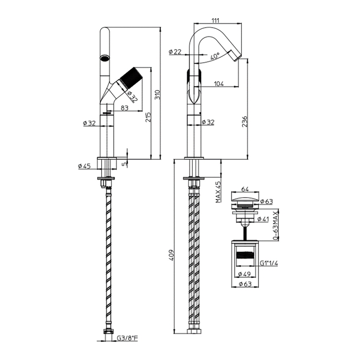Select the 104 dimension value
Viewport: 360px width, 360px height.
tap(219, 84)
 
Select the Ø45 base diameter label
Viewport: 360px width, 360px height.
tap(84, 166)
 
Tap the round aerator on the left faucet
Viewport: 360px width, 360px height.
tap(104, 58)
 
